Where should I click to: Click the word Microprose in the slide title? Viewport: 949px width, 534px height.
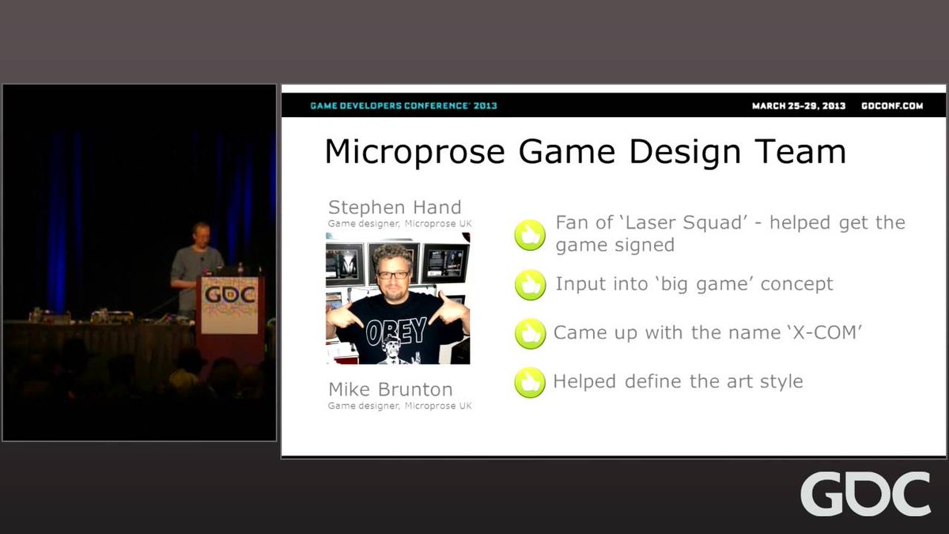pos(414,152)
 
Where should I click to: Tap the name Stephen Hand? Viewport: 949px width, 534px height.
pos(395,207)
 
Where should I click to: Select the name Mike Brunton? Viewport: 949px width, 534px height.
pos(391,389)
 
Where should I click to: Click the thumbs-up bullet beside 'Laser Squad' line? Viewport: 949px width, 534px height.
pos(530,235)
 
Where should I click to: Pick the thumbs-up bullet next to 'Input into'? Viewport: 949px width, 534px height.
pos(530,285)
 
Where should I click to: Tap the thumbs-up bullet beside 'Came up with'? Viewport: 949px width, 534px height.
pos(530,334)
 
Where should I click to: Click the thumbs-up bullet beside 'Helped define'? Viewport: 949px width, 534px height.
pos(530,382)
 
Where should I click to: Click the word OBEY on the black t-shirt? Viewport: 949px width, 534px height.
pos(396,331)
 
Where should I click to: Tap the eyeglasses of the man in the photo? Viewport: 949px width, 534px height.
pos(393,275)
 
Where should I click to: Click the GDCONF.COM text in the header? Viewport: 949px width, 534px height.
pos(892,105)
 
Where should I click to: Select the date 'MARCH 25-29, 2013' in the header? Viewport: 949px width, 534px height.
pos(799,105)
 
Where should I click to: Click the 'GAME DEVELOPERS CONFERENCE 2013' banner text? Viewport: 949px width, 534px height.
pos(404,105)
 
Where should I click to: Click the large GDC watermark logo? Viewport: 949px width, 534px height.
pos(865,494)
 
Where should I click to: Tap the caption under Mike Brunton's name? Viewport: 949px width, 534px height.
pos(399,406)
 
